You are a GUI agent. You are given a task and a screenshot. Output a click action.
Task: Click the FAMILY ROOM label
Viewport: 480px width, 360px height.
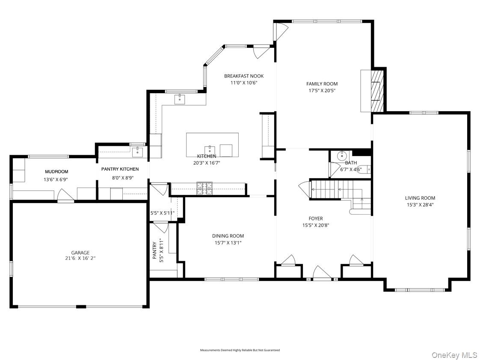tap(322, 84)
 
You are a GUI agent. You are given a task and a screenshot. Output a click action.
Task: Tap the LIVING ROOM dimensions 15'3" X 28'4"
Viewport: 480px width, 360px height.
tap(420, 205)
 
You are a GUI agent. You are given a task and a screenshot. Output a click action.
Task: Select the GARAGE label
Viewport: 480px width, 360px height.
tap(80, 253)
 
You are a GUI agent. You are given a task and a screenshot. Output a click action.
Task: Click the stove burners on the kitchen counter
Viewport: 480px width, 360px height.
tap(204, 188)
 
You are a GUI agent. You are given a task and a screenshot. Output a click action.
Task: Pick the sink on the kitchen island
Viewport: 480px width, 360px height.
tap(210, 150)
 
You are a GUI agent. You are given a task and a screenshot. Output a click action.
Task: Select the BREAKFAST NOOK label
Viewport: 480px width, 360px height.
tap(244, 76)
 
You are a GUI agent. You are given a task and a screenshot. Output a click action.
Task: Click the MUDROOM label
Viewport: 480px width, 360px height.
tap(56, 171)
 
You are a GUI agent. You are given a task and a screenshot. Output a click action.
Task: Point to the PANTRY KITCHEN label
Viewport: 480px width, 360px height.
tap(120, 169)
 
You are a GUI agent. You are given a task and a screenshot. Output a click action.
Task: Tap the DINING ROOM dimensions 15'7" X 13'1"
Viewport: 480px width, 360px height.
tap(228, 243)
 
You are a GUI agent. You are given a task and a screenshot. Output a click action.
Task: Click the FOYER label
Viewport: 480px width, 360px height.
tap(316, 218)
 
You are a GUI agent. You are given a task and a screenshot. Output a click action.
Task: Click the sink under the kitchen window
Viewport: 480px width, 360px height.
tap(179, 99)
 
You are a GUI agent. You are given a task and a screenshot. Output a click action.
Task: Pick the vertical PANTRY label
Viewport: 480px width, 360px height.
tap(154, 251)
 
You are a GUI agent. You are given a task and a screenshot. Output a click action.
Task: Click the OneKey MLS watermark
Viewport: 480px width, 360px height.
tap(454, 355)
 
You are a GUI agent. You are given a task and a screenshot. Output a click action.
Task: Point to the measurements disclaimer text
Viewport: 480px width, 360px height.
tap(240, 350)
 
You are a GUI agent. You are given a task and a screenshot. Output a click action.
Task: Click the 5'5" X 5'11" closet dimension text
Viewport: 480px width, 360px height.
tap(162, 213)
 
